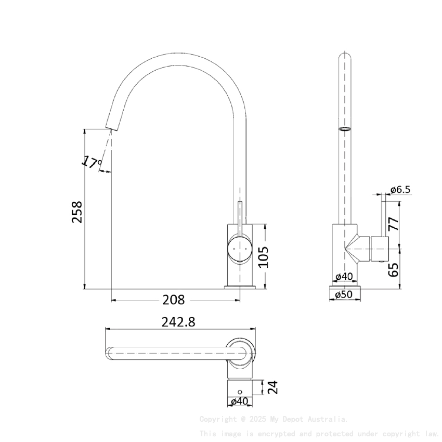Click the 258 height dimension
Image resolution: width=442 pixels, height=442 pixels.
(77, 212)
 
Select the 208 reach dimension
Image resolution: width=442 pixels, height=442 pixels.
(173, 300)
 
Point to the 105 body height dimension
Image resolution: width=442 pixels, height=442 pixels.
(264, 256)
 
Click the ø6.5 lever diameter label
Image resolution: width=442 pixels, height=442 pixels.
(400, 190)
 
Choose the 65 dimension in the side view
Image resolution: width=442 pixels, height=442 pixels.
(394, 269)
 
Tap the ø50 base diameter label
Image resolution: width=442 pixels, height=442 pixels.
(345, 294)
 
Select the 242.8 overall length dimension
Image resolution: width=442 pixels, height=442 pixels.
(178, 322)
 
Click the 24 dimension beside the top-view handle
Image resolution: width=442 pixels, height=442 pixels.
(272, 387)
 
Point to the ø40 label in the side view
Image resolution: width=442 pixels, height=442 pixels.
(344, 276)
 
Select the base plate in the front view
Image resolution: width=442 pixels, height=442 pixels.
(240, 286)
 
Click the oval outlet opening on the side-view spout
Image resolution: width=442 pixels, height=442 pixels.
(345, 128)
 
